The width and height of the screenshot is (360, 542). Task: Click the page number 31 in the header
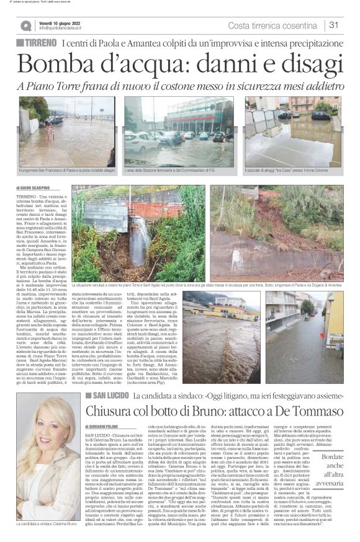(x=333, y=25)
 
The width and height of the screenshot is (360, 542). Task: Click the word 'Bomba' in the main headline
(x=60, y=65)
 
